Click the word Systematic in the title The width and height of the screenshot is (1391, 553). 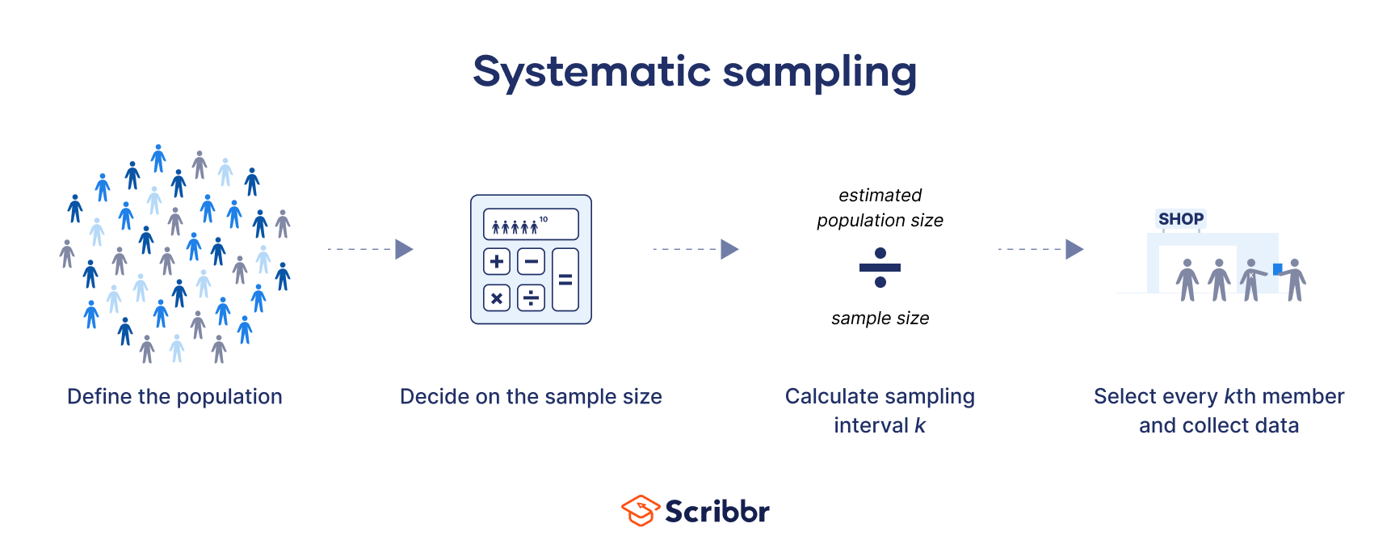pos(591,72)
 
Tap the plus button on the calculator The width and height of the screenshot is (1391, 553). pos(497,261)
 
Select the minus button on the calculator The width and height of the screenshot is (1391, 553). pos(531,261)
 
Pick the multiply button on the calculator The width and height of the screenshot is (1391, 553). pos(497,298)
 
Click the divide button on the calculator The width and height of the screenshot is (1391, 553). pos(531,298)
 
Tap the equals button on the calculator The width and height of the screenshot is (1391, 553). pos(565,280)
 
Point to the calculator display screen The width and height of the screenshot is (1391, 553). pos(531,225)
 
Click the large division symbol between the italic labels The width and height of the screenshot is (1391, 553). pos(880,268)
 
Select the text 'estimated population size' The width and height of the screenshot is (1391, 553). pos(880,208)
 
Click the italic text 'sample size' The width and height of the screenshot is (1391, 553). pos(880,319)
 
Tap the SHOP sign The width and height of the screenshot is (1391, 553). pos(1180,219)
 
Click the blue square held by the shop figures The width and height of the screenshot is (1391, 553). pos(1277,269)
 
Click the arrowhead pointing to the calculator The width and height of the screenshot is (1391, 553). pos(404,249)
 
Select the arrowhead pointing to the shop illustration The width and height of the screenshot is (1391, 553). pos(1074,249)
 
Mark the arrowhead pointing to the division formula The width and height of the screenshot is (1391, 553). pos(729,249)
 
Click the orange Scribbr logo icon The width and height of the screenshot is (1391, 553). pos(641,511)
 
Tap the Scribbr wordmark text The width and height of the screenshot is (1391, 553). pos(717,512)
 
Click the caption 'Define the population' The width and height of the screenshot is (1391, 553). pos(174,397)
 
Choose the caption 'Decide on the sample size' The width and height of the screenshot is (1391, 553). pos(531,397)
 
